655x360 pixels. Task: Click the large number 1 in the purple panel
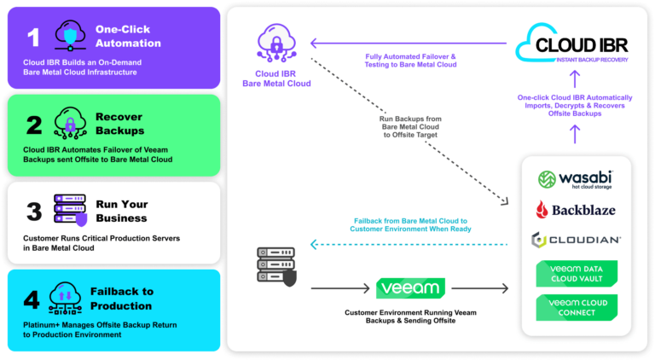click(33, 38)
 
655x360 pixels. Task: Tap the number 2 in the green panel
click(33, 125)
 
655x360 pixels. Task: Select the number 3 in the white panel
click(33, 212)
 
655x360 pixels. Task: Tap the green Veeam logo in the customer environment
click(410, 288)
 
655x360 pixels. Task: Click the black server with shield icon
click(276, 267)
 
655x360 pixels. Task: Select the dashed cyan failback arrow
click(409, 244)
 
